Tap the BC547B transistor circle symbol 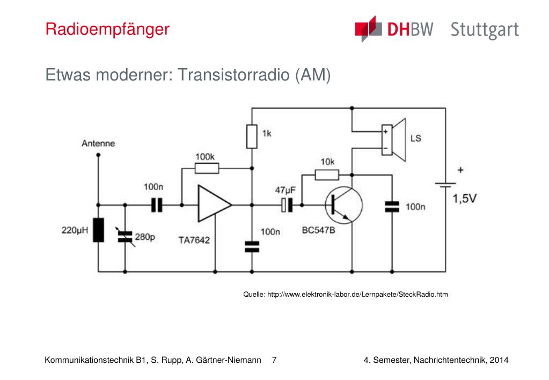(x=344, y=205)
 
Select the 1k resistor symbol (x=252, y=136)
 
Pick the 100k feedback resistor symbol (x=207, y=169)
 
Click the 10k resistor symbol (x=327, y=175)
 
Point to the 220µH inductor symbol (x=98, y=230)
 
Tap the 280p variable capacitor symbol (x=125, y=237)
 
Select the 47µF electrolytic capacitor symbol (x=287, y=205)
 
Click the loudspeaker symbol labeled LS (x=393, y=140)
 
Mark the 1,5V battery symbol (x=445, y=185)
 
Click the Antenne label (x=98, y=144)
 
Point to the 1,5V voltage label (x=465, y=199)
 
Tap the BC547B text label (x=319, y=230)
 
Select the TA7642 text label (x=194, y=240)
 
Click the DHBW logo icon (x=368, y=29)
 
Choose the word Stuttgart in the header (x=485, y=30)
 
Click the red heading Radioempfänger (x=107, y=29)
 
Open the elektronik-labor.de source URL (x=357, y=295)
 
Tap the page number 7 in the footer (x=274, y=360)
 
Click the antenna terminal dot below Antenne (x=98, y=155)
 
